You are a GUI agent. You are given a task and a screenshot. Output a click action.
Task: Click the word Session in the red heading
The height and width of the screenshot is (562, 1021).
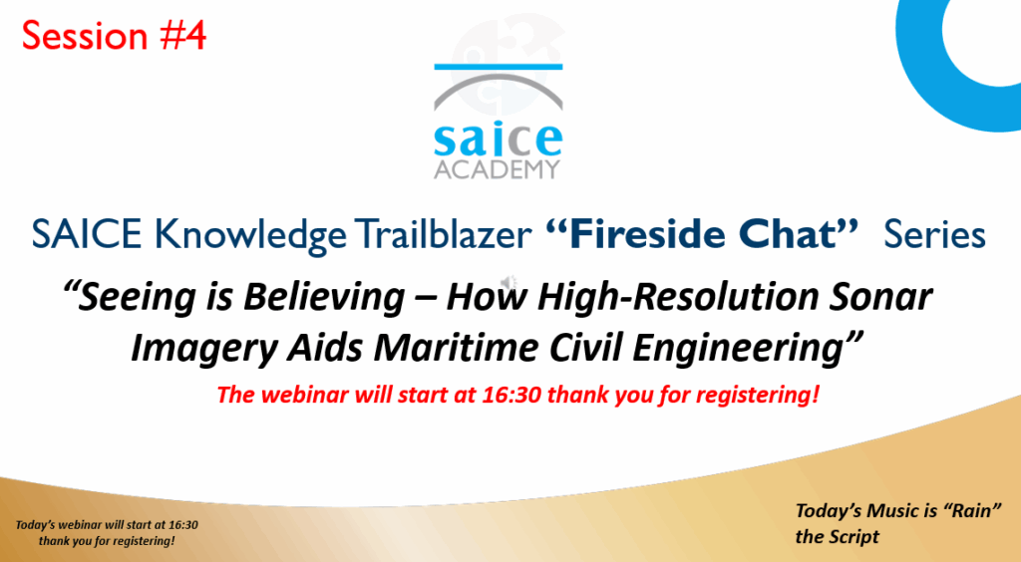(85, 35)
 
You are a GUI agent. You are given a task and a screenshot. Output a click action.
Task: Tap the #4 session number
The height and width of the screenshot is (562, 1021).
(183, 35)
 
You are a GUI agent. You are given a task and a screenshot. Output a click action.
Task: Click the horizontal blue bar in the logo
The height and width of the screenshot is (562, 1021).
(499, 67)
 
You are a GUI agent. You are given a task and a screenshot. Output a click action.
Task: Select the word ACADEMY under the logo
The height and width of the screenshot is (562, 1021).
(497, 169)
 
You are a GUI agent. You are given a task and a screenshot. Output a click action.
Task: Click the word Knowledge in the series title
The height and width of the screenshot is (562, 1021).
(250, 235)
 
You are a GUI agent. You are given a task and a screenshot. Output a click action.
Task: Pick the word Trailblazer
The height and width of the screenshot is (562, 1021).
(443, 234)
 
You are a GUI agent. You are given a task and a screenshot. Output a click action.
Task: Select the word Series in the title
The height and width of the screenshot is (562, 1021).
(934, 235)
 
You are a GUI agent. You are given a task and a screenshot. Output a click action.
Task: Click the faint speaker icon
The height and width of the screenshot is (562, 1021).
(508, 282)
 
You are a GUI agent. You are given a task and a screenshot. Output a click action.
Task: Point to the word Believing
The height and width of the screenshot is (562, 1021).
(324, 297)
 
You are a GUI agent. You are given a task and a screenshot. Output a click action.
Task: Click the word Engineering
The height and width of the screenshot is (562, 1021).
(738, 348)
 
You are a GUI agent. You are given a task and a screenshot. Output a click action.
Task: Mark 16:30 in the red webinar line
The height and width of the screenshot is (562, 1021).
(511, 395)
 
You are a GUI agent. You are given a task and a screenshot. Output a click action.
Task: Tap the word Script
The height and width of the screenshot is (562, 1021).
(851, 537)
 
